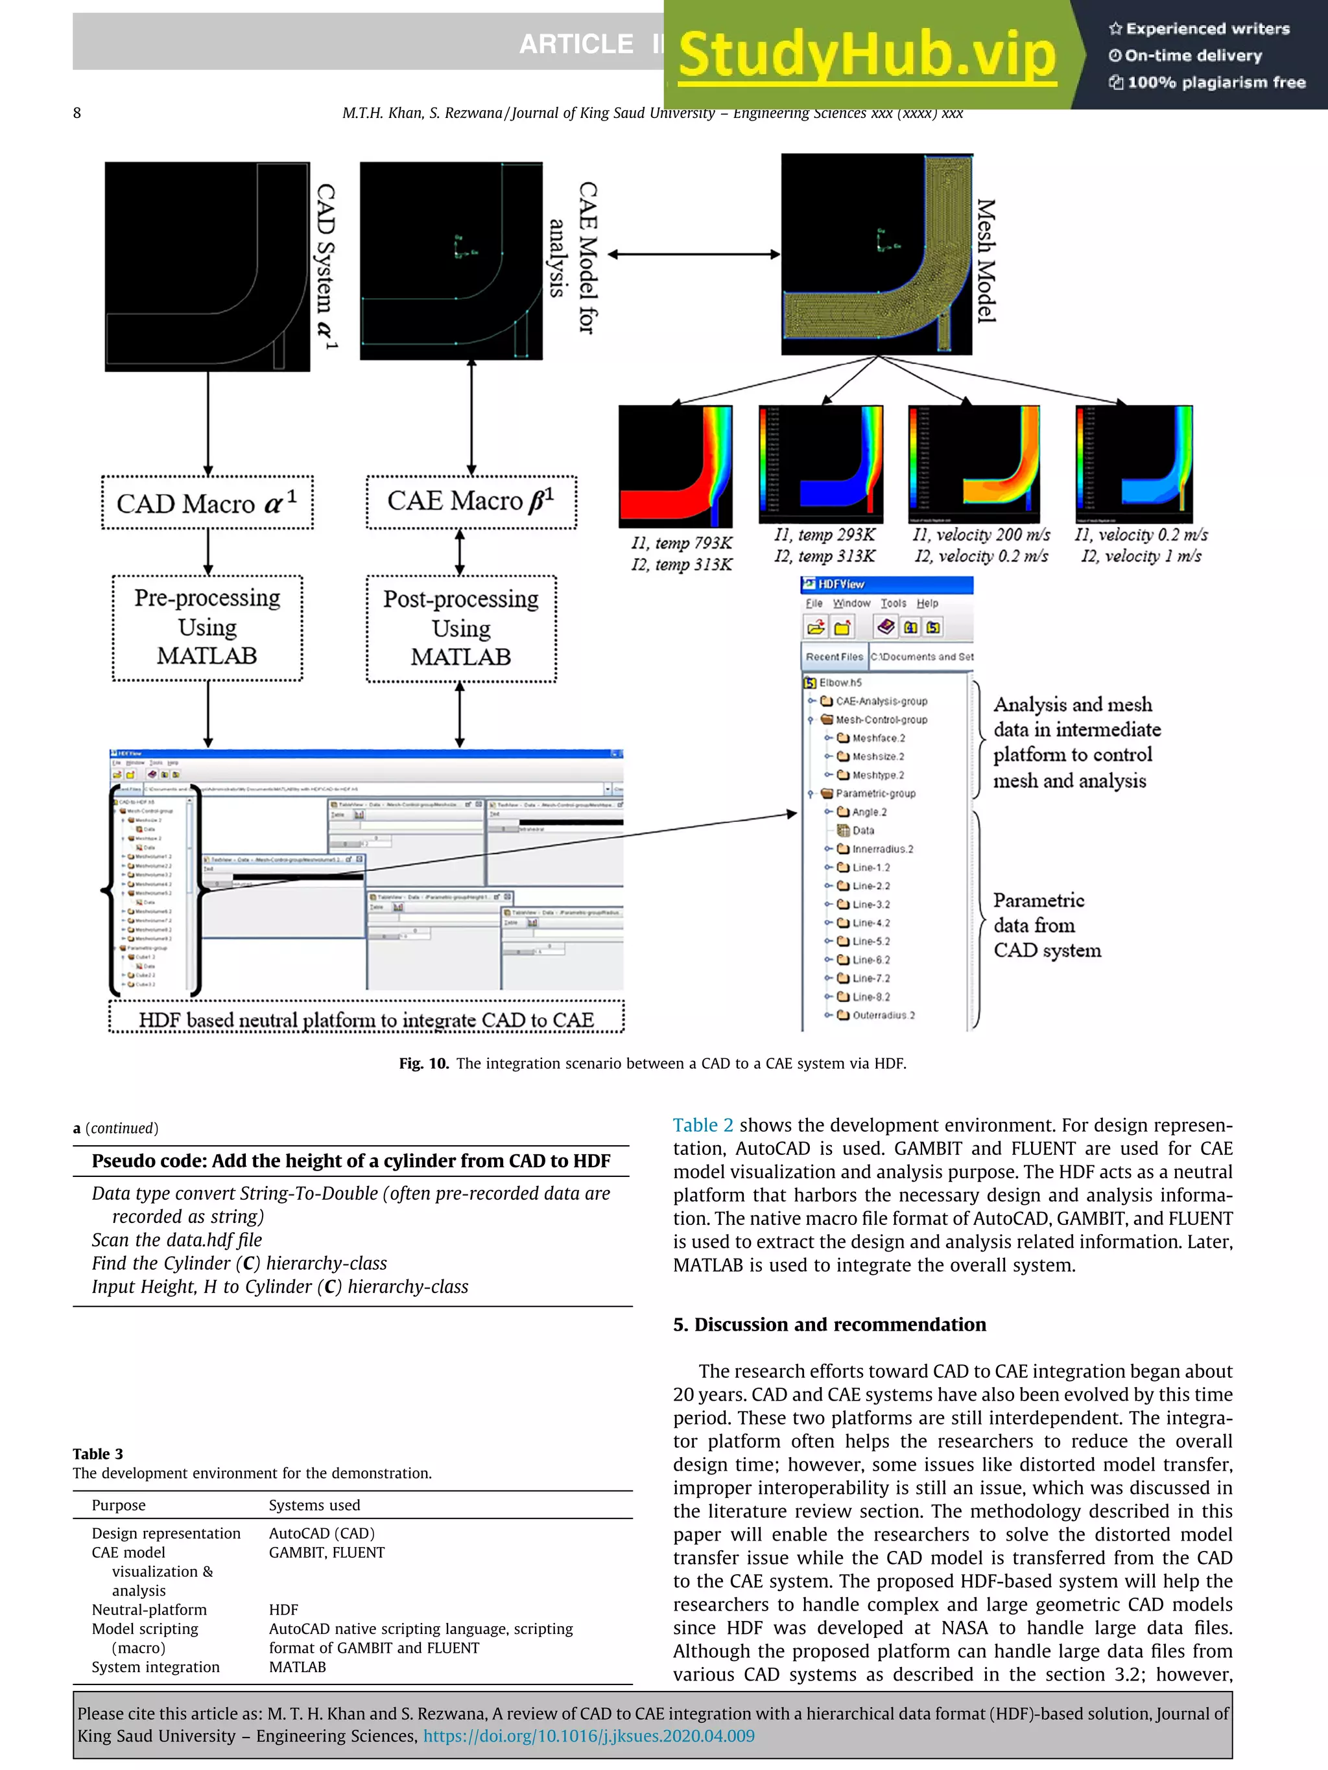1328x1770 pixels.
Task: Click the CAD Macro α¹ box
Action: (x=207, y=502)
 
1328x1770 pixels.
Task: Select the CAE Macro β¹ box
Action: (x=471, y=502)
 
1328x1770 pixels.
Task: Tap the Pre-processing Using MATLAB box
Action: (x=207, y=627)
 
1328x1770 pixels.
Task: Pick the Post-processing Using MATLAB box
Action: (x=461, y=628)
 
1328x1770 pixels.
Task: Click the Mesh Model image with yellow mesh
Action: (x=877, y=255)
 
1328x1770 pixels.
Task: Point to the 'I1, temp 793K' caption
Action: (x=682, y=543)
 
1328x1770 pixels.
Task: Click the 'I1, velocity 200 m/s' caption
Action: (x=980, y=535)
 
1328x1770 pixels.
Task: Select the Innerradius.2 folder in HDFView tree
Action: (x=882, y=849)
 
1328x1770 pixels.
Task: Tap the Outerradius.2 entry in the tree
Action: (x=883, y=1016)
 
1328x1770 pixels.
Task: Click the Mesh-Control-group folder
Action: (x=881, y=719)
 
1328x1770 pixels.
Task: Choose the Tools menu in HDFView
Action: (x=894, y=603)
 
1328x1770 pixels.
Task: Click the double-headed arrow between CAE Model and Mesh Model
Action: (x=693, y=255)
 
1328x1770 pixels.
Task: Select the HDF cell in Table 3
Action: (x=283, y=1609)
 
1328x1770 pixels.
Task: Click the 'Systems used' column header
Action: (x=314, y=1505)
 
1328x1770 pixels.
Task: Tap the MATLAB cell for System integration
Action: (x=297, y=1667)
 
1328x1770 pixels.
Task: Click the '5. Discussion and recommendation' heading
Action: (x=829, y=1324)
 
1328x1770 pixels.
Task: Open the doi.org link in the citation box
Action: (x=588, y=1736)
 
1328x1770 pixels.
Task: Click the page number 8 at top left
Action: (x=77, y=113)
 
